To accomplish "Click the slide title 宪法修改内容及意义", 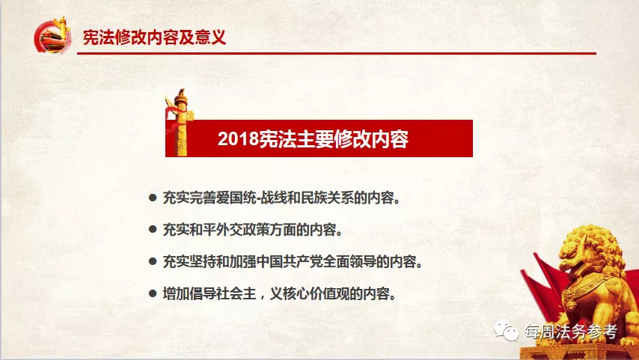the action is (154, 37).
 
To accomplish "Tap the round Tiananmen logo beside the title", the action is (52, 36).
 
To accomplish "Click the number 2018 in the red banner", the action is (239, 139).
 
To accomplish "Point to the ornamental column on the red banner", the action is (180, 122).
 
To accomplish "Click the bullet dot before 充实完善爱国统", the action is (153, 198).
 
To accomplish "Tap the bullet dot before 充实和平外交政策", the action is (153, 230).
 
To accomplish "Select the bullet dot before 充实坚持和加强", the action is (153, 261).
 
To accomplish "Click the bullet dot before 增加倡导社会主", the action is (153, 293).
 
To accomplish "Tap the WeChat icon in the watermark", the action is (506, 331).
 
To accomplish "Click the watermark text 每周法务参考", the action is (570, 332).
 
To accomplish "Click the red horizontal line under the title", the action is (337, 53).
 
